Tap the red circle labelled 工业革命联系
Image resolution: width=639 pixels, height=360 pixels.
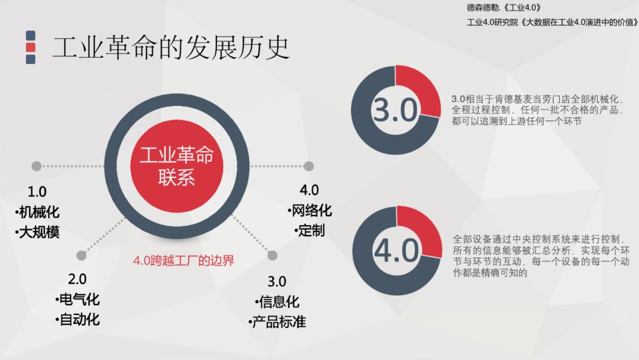point(176,166)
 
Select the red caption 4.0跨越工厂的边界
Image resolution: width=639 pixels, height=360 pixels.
point(183,261)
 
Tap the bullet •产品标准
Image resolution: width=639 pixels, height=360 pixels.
point(277,322)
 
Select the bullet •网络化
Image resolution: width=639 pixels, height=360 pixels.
point(309,210)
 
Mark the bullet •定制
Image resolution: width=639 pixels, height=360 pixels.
point(309,230)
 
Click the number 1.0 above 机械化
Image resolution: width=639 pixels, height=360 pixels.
point(37,192)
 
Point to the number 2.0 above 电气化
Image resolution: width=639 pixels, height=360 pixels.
point(77,279)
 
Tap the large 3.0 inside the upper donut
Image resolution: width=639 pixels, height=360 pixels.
point(395,110)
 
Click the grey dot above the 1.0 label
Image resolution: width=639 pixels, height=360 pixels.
point(37,166)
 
